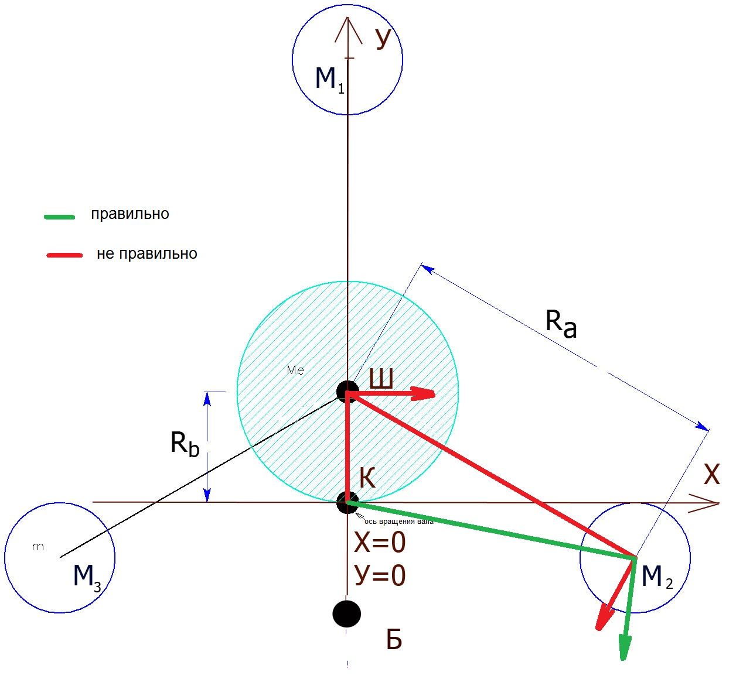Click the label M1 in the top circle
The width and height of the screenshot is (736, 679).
coord(329,78)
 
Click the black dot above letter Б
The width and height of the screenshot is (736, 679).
coord(346,613)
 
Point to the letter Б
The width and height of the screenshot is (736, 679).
coord(394,640)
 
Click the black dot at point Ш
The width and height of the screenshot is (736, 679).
coord(347,391)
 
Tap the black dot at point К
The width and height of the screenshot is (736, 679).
coord(347,502)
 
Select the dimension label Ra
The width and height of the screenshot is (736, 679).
coord(561,324)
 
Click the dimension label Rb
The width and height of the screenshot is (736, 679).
coord(185,443)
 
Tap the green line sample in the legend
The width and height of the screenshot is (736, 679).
coord(59,217)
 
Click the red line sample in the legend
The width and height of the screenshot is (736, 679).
coord(64,255)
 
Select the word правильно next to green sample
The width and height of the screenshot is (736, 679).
coord(130,214)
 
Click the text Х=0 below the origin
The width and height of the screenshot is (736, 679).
coord(380,544)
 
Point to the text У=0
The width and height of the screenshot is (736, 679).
coord(380,576)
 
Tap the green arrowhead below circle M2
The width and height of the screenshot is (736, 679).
coord(625,649)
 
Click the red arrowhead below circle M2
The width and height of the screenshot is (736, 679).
coord(603,619)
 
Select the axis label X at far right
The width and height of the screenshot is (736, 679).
coord(711,475)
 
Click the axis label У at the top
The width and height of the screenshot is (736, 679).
coord(383,38)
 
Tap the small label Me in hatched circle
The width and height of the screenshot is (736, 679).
coord(295,370)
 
